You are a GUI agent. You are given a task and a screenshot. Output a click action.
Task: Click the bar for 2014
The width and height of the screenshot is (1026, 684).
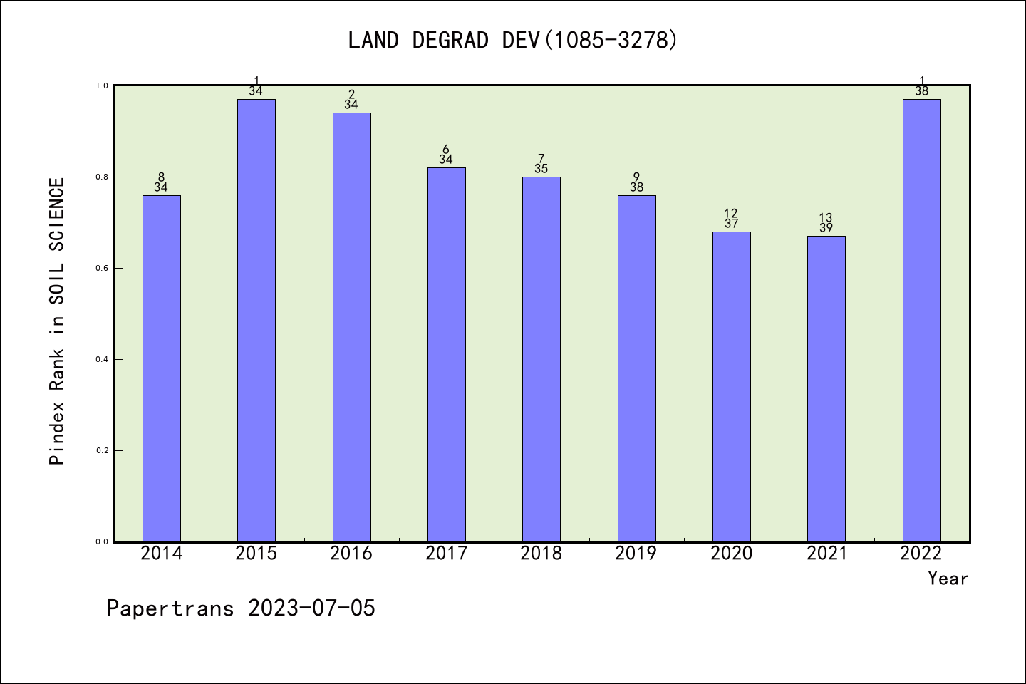click(162, 368)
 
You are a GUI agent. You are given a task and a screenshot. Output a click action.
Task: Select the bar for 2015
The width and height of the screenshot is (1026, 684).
click(256, 321)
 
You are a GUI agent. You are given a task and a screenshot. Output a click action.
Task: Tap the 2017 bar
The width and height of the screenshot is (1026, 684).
click(447, 355)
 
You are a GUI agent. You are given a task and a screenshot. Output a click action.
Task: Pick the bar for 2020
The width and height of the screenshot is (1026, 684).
click(732, 387)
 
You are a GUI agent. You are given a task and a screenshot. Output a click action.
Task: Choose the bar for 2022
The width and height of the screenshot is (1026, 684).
click(921, 321)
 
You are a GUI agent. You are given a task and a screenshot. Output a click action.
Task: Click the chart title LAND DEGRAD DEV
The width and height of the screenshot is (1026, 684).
click(512, 40)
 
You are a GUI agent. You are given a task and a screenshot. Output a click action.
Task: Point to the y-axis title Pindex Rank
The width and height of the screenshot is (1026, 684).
click(57, 321)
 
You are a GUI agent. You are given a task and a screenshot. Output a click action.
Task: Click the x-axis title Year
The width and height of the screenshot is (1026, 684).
click(948, 579)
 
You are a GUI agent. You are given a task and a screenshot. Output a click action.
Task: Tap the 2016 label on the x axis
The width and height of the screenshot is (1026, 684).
click(351, 554)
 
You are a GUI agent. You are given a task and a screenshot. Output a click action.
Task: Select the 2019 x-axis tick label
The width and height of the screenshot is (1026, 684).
click(636, 554)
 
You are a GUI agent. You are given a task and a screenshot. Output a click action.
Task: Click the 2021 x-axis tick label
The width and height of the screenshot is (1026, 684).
click(826, 554)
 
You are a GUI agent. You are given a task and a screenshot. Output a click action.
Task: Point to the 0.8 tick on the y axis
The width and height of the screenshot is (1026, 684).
click(102, 177)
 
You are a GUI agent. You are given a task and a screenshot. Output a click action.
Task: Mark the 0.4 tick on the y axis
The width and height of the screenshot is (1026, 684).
click(102, 359)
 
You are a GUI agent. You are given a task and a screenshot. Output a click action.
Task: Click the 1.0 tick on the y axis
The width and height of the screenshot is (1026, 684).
click(102, 85)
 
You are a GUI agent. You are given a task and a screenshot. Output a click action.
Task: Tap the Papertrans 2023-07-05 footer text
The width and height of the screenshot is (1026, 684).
click(241, 608)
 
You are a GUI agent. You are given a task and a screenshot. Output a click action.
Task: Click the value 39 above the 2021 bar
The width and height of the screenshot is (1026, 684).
click(826, 229)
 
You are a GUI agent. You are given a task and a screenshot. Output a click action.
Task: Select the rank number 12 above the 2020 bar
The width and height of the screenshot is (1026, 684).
click(731, 213)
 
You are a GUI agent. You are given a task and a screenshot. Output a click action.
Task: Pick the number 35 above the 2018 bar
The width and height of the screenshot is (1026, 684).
click(541, 170)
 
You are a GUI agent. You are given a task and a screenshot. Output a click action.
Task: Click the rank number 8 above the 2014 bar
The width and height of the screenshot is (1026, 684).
click(162, 177)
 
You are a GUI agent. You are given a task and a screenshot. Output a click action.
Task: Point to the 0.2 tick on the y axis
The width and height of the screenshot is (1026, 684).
click(102, 450)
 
